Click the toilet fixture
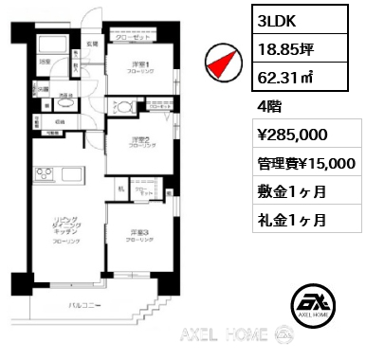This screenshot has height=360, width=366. click(x=123, y=106)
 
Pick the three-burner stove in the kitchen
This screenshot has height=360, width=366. click(x=41, y=173)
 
